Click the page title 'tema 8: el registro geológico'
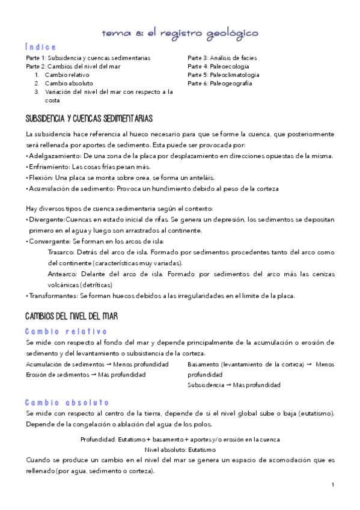(x=180, y=32)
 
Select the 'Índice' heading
(x=41, y=47)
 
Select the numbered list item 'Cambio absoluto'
(x=69, y=84)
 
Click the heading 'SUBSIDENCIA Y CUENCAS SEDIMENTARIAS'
(x=89, y=118)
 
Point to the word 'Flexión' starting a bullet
(x=40, y=177)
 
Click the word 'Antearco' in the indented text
(x=61, y=274)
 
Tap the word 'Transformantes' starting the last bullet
(x=52, y=295)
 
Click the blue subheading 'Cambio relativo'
(x=66, y=331)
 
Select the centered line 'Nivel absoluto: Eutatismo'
(x=180, y=449)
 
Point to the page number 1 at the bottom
(x=332, y=484)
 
